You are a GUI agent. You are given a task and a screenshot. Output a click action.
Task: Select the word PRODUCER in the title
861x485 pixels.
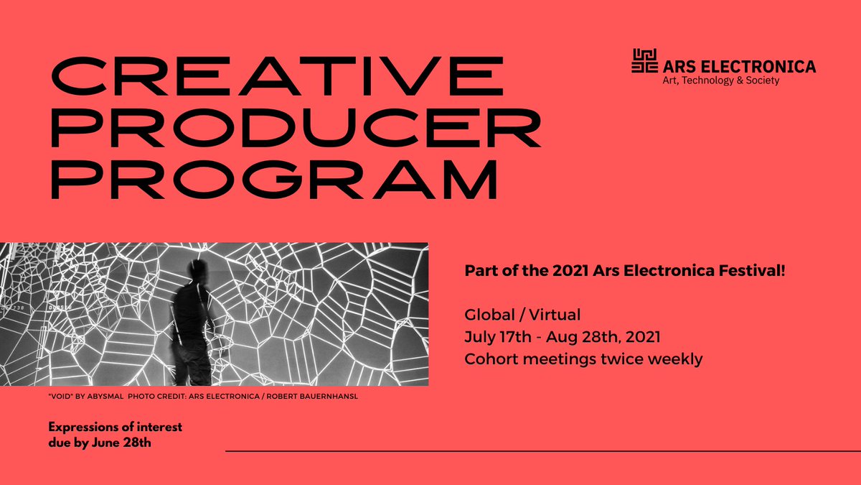[x=294, y=130]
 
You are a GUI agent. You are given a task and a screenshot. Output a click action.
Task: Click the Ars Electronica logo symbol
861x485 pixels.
[x=644, y=61]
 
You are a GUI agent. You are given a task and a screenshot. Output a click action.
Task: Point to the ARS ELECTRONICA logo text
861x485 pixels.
[x=738, y=67]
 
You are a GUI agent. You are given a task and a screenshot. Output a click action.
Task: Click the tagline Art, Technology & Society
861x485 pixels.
[x=720, y=81]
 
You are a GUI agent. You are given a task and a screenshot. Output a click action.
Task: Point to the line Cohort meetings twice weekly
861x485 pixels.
[x=583, y=359]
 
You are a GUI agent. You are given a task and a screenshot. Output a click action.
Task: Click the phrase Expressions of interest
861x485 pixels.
[x=115, y=428]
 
